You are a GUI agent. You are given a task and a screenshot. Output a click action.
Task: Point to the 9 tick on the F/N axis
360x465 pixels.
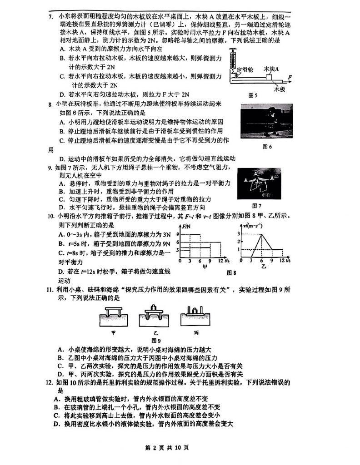tap(176, 234)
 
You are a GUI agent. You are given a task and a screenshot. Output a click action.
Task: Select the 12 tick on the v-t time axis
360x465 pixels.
tap(282, 261)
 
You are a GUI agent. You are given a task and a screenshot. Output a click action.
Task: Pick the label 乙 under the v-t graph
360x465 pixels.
tap(263, 267)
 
